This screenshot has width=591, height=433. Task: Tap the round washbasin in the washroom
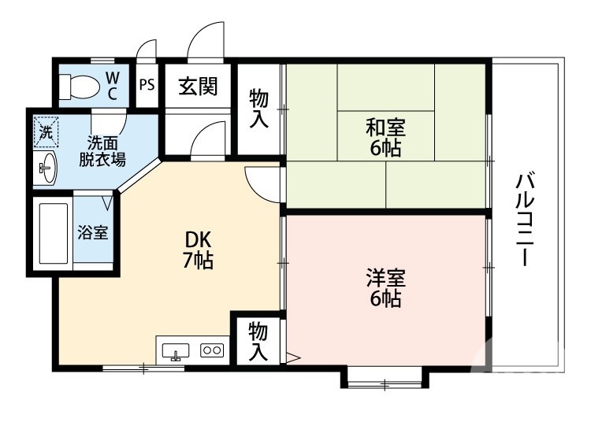click(46, 167)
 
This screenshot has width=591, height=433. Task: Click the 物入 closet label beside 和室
click(259, 109)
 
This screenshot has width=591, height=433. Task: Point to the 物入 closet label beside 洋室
click(258, 340)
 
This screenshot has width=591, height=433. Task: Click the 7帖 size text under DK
click(198, 261)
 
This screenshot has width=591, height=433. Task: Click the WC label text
click(113, 86)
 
